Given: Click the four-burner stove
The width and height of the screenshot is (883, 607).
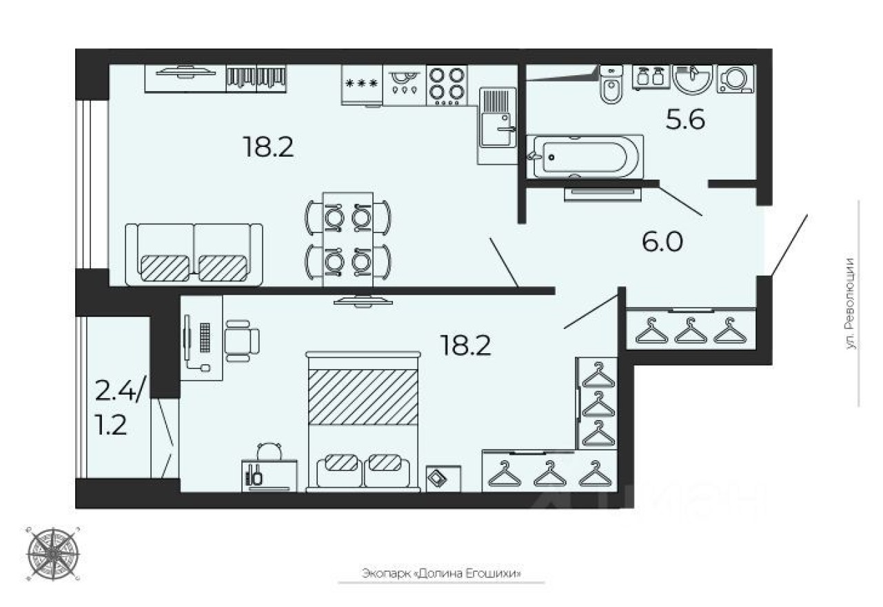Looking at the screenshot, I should pos(446,85).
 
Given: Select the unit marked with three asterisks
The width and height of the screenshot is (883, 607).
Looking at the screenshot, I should pos(362,85).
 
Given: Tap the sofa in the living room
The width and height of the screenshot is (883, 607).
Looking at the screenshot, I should pos(194,254).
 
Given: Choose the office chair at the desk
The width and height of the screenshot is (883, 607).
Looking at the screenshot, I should pos(241,340).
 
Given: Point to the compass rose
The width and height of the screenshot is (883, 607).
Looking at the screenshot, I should pos(53,553).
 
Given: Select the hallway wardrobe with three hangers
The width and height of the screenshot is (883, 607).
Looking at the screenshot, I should pos(691,331).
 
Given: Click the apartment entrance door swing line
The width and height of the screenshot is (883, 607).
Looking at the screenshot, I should pos(789,246).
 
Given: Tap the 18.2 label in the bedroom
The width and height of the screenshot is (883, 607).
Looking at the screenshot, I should pos(467,344).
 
